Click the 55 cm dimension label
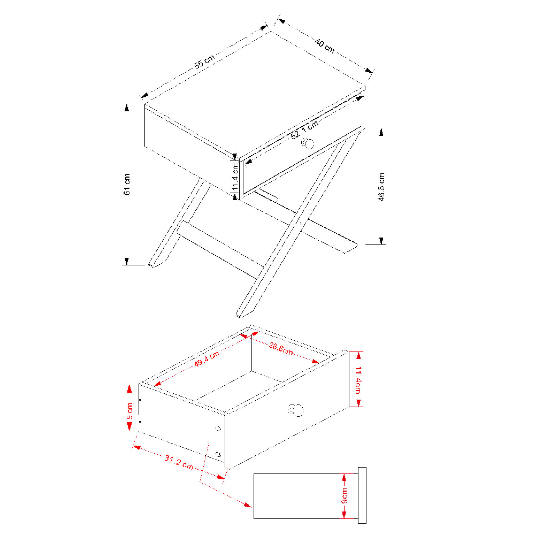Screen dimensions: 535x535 204,62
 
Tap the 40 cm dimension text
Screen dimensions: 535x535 325,45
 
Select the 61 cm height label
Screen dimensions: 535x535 127,184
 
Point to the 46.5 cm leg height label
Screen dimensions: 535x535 381,187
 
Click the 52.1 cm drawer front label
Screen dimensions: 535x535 305,129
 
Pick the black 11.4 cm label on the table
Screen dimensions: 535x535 235,177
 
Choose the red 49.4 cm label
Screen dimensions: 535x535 207,360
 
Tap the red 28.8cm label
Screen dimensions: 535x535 280,348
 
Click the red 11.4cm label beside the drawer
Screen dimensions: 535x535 358,380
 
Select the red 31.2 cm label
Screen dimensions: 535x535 179,462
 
